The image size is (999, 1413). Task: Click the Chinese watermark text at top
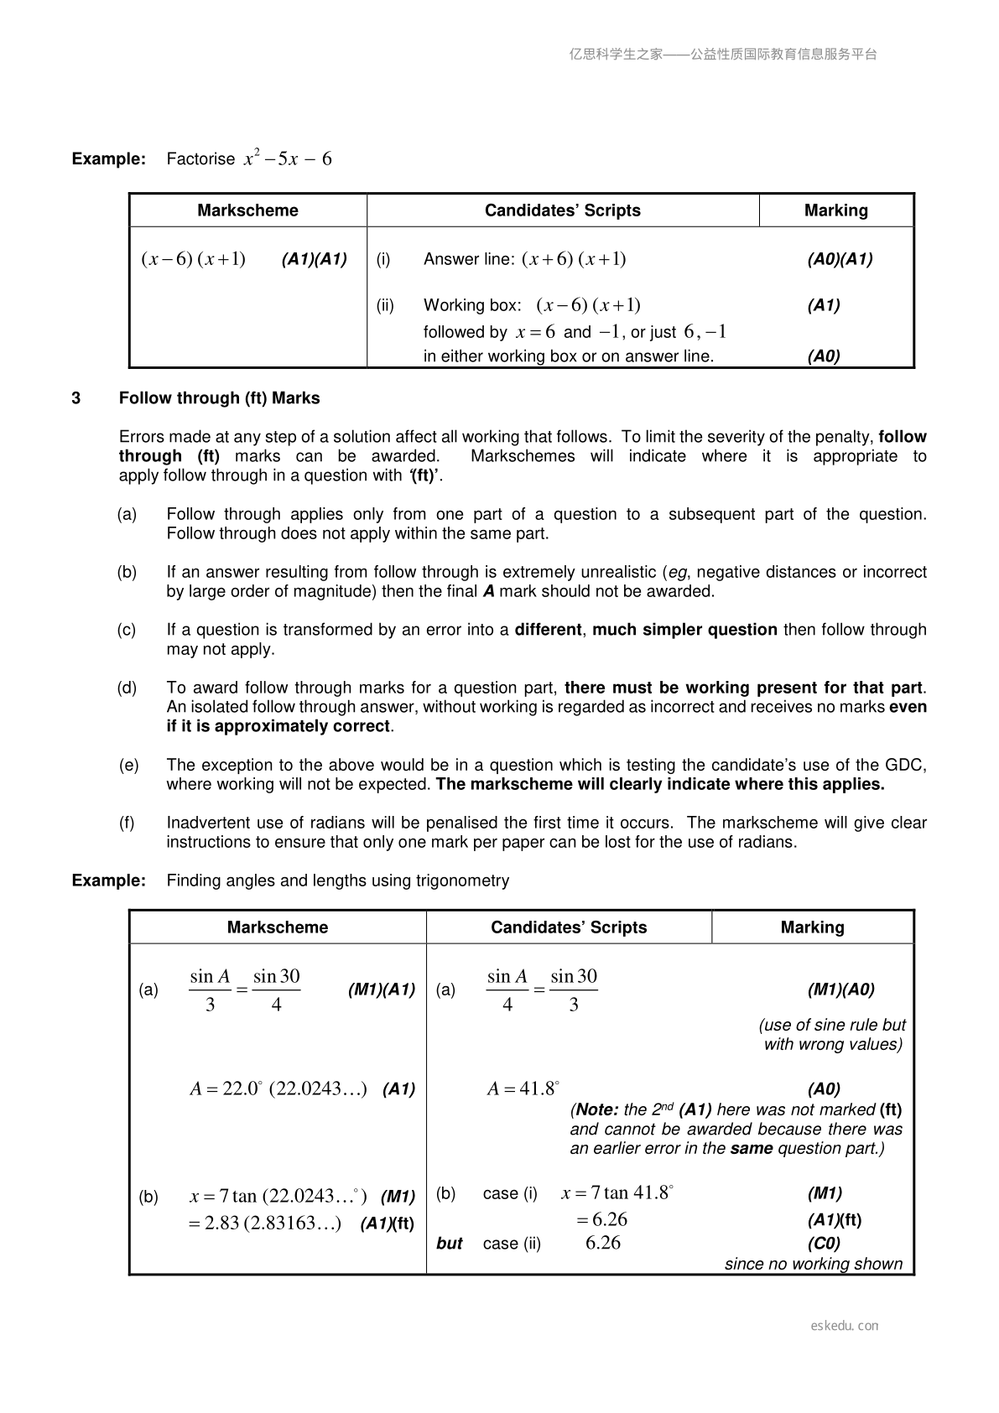click(x=723, y=55)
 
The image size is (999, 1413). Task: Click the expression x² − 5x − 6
click(x=288, y=158)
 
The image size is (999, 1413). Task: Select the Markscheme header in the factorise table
click(x=247, y=210)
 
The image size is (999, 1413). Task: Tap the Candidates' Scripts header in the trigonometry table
click(x=569, y=927)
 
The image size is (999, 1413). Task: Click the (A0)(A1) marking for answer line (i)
click(x=840, y=259)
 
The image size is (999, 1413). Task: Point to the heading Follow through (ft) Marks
click(x=219, y=398)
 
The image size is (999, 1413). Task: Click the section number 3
click(x=76, y=398)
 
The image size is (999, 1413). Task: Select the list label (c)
click(x=127, y=630)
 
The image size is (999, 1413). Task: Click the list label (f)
click(x=127, y=823)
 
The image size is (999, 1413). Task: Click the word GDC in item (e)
click(x=905, y=765)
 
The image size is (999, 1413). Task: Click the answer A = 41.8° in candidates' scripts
click(x=523, y=1089)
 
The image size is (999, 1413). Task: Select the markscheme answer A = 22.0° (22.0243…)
click(x=278, y=1089)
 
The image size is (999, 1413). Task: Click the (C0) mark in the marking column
click(x=824, y=1243)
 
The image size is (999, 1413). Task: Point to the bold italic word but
click(x=450, y=1244)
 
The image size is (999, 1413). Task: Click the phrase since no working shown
click(x=814, y=1264)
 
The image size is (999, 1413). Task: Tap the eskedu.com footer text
click(x=845, y=1326)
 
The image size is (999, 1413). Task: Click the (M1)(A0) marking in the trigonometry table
click(x=840, y=990)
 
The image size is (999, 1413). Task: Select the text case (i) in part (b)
click(x=510, y=1193)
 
